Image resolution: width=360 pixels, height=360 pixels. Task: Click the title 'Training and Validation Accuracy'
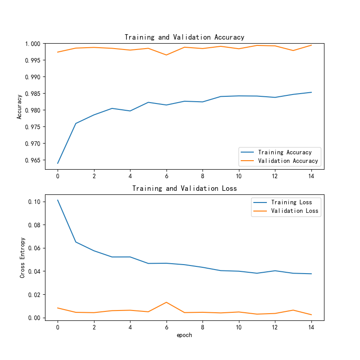184,37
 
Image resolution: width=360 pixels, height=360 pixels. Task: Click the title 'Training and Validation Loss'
184,189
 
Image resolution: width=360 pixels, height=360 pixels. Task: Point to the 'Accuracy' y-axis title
19,106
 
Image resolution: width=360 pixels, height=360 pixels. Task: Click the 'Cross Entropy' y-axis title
22,256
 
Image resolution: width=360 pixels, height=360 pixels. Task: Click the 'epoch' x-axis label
184,335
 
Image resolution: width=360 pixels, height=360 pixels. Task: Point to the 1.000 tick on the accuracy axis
34,44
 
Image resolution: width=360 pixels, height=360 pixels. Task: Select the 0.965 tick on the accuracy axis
34,160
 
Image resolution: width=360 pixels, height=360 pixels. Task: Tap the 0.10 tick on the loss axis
36,202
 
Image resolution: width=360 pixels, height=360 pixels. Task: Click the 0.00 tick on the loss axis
36,318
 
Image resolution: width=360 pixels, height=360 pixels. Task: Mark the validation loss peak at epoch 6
166,302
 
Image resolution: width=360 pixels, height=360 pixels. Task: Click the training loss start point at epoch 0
58,200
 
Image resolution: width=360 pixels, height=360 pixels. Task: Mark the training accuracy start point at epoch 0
58,163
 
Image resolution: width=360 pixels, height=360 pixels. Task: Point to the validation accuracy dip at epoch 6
166,55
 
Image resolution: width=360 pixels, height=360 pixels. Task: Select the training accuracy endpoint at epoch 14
311,92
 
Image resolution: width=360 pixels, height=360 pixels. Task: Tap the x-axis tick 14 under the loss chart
311,327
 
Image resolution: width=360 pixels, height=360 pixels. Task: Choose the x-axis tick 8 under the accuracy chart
202,176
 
